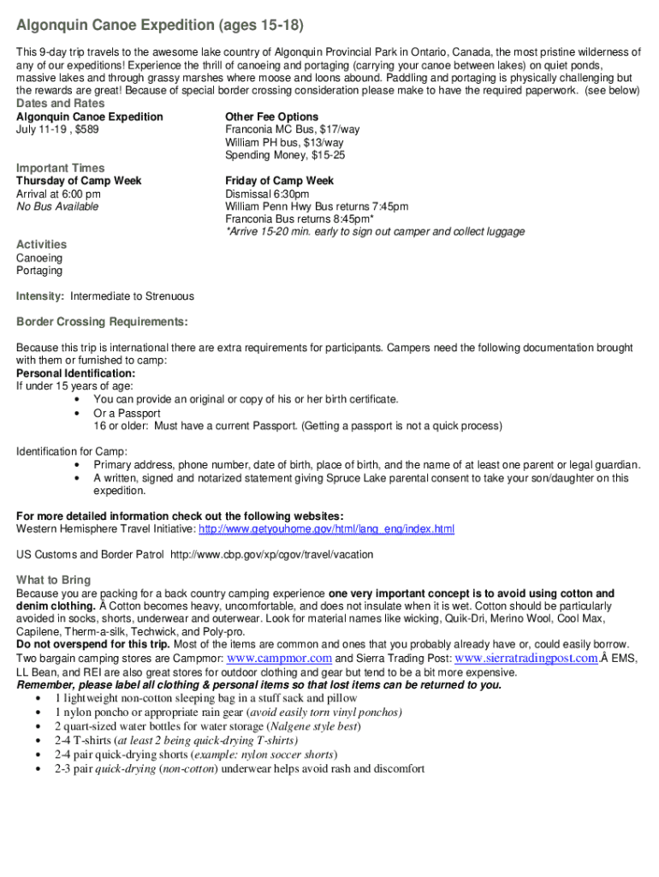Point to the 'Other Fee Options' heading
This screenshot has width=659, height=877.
pyautogui.click(x=271, y=116)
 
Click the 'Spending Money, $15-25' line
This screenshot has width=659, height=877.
pyautogui.click(x=285, y=155)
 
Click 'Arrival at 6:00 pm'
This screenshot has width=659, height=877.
pyautogui.click(x=58, y=194)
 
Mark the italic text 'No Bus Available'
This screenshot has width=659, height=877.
pyautogui.click(x=57, y=206)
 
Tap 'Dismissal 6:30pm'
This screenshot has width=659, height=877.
pyautogui.click(x=267, y=194)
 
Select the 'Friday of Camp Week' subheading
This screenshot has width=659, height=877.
pyautogui.click(x=279, y=181)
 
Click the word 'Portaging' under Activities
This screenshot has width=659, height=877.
pyautogui.click(x=39, y=271)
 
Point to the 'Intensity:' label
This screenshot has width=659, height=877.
pyautogui.click(x=40, y=296)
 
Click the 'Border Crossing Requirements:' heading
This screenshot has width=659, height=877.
pyautogui.click(x=102, y=322)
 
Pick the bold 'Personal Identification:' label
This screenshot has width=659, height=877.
pyautogui.click(x=75, y=373)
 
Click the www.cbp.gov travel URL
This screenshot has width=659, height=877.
pyautogui.click(x=272, y=555)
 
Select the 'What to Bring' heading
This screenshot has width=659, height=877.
pyautogui.click(x=53, y=580)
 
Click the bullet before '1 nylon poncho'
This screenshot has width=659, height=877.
pyautogui.click(x=39, y=713)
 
